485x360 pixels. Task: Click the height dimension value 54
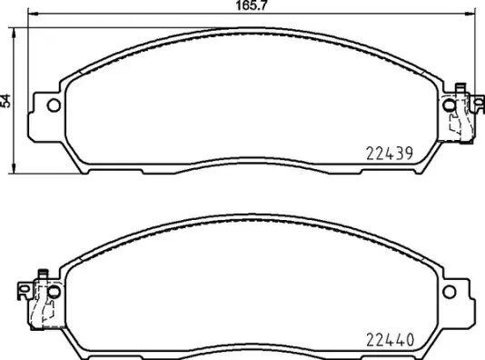(6, 101)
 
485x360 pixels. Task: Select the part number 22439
(390, 154)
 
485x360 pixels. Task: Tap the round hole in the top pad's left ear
(52, 105)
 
